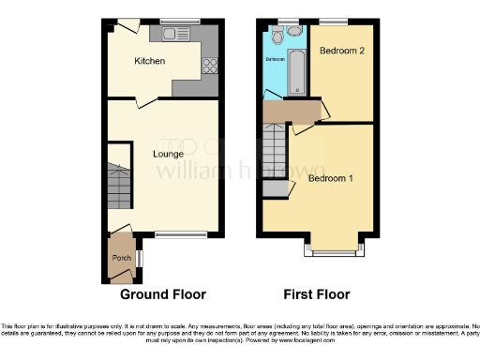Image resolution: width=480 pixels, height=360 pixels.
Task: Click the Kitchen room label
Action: (x=149, y=61)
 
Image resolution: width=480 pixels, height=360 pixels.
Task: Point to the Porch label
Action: (x=122, y=258)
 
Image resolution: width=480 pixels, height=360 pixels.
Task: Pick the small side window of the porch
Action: (x=139, y=256)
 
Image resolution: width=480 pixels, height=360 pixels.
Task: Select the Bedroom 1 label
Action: (x=331, y=178)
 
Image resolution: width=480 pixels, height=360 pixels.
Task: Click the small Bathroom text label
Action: (x=275, y=59)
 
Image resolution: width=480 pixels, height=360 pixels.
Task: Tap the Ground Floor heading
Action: (x=162, y=293)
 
